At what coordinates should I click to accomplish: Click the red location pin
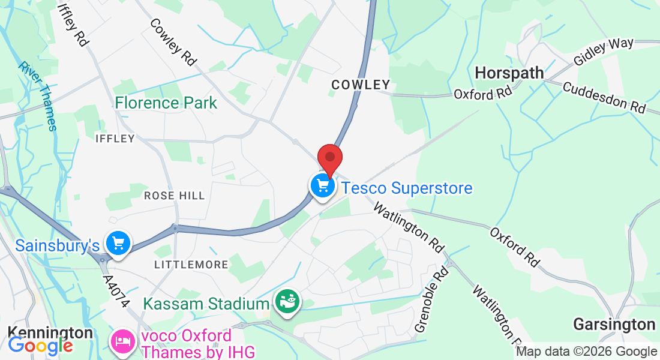click(x=329, y=158)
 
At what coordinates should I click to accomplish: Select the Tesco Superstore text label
click(x=407, y=188)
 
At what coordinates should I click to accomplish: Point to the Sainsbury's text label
click(x=57, y=245)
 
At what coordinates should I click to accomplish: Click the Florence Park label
click(x=166, y=103)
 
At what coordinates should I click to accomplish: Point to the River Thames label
click(x=37, y=95)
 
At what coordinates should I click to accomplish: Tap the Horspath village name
click(x=509, y=73)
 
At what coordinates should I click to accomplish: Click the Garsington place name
click(x=614, y=325)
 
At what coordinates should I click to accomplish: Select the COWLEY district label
click(x=361, y=85)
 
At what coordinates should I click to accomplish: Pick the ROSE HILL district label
click(x=174, y=196)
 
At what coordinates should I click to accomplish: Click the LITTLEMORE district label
click(x=191, y=265)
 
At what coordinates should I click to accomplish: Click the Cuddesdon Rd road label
click(x=604, y=97)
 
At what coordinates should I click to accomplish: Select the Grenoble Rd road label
click(x=431, y=299)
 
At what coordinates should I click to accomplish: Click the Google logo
click(x=40, y=346)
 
